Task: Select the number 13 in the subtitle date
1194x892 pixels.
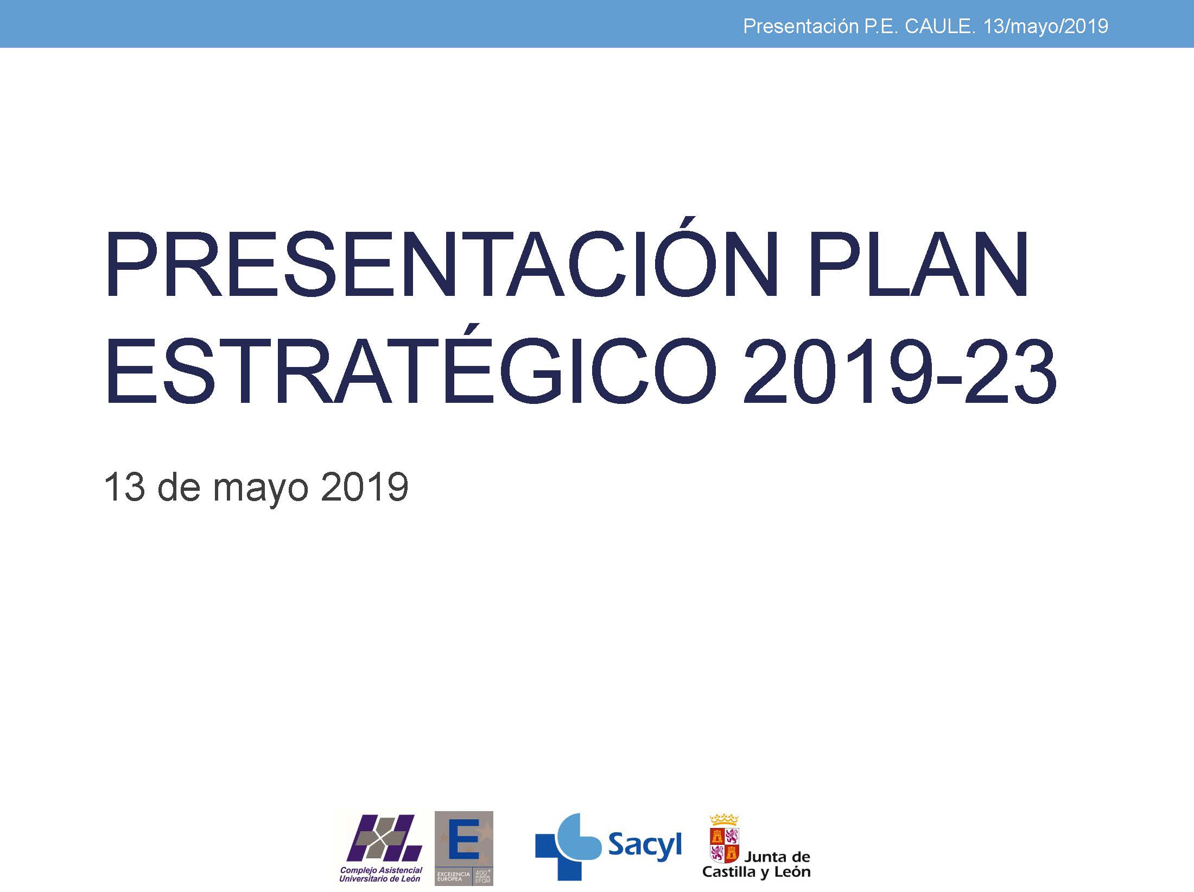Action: click(125, 487)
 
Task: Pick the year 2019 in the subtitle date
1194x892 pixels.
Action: click(364, 487)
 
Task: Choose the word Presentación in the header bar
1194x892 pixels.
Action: click(801, 27)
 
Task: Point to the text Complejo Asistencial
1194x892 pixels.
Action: click(381, 870)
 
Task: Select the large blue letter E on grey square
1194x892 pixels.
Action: click(463, 839)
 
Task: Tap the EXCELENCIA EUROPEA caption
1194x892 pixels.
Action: click(454, 876)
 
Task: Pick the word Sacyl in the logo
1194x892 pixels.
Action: click(644, 846)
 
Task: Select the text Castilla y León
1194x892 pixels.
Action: click(756, 872)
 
